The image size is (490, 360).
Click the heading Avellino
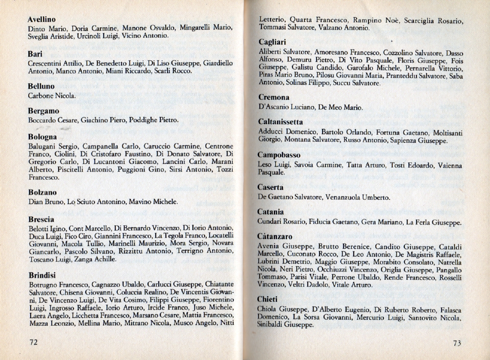coord(41,19)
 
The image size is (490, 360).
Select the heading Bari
coord(35,54)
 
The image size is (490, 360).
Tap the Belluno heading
coord(41,86)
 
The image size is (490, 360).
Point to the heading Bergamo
coord(43,111)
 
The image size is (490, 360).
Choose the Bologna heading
coord(42,137)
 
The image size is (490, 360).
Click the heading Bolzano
coord(42,193)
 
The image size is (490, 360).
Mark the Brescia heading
coord(41,219)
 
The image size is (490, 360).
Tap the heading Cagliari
coord(272,42)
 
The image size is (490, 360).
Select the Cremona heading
coord(274,98)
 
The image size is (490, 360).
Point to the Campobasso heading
coord(279,155)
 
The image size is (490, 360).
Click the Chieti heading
coord(268,299)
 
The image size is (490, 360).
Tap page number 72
coord(34,343)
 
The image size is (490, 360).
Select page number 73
coord(456,343)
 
